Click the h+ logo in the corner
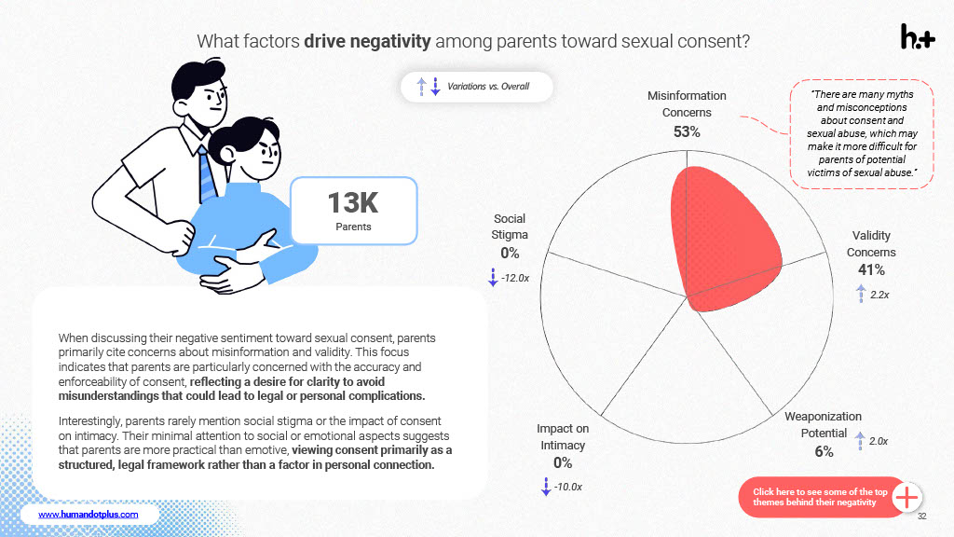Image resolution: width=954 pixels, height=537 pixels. point(917,36)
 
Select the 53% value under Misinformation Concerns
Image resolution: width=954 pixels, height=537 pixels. point(687,131)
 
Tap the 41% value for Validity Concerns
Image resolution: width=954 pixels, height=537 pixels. point(871,270)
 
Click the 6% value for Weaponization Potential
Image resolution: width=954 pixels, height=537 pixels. point(823,452)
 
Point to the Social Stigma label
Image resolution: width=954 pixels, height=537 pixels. point(510,227)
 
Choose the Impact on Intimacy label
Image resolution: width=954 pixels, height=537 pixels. point(563,435)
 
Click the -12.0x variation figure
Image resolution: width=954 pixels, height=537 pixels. point(515,279)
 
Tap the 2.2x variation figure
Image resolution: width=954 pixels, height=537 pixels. point(879,295)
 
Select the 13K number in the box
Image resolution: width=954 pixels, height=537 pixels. point(353,202)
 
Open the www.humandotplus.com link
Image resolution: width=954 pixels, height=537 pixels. point(88,514)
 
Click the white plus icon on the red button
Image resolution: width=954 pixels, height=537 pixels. point(906,497)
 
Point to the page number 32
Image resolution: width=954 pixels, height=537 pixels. point(921,516)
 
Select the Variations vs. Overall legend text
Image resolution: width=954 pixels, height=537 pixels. point(488,87)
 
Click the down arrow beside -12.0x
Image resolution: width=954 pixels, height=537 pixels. point(493,278)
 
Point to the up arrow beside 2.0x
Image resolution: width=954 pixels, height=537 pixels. point(860,440)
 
